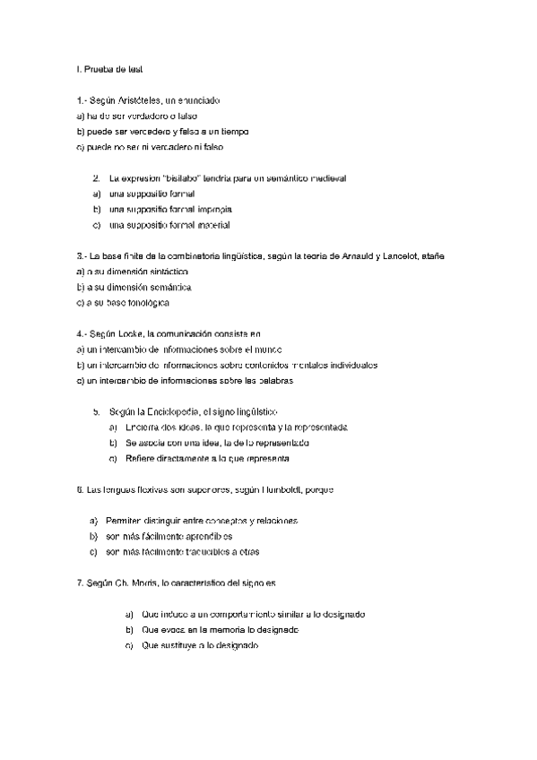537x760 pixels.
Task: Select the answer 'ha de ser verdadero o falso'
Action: pos(137,116)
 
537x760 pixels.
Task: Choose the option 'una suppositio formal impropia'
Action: pos(169,209)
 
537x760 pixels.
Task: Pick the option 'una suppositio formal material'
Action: pos(169,224)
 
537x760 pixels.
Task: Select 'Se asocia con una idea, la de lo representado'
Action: pos(218,443)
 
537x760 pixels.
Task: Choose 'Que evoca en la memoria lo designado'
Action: pos(220,629)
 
